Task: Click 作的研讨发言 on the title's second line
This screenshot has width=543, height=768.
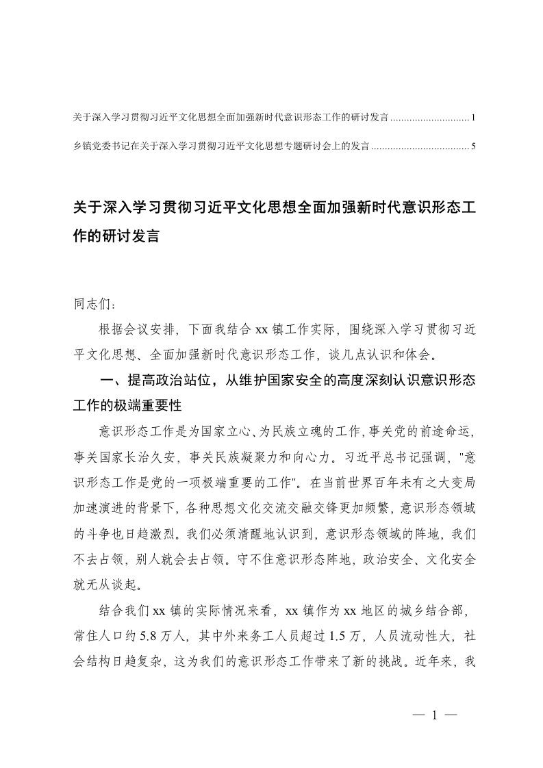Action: pyautogui.click(x=116, y=238)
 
